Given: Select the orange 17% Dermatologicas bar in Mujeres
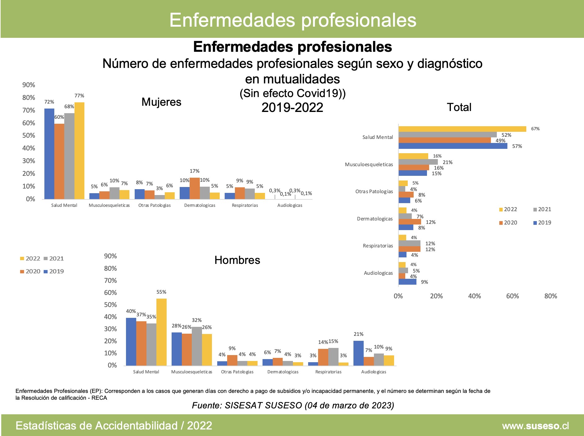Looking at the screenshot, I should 195,188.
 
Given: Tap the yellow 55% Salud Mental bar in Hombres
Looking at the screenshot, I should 161,332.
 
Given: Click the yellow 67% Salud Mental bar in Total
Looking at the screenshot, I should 462,129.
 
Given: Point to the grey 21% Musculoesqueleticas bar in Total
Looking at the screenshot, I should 418,162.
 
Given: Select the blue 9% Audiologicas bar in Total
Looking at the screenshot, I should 407,282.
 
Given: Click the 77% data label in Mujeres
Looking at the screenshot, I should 79,96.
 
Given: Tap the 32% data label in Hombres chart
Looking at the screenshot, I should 197,320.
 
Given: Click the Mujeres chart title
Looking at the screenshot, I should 161,102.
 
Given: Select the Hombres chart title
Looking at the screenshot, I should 237,260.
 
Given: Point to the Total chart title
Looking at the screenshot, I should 459,107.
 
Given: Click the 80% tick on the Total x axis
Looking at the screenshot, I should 550,296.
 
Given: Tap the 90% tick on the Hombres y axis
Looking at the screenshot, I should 110,256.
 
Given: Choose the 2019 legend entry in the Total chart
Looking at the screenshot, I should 542,223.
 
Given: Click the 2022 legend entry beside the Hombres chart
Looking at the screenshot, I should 30,259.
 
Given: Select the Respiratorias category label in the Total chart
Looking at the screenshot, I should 378,246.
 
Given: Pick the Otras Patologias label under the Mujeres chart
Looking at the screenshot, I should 155,205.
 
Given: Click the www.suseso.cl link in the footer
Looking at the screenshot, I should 535,426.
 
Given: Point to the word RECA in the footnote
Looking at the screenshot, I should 99,398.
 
